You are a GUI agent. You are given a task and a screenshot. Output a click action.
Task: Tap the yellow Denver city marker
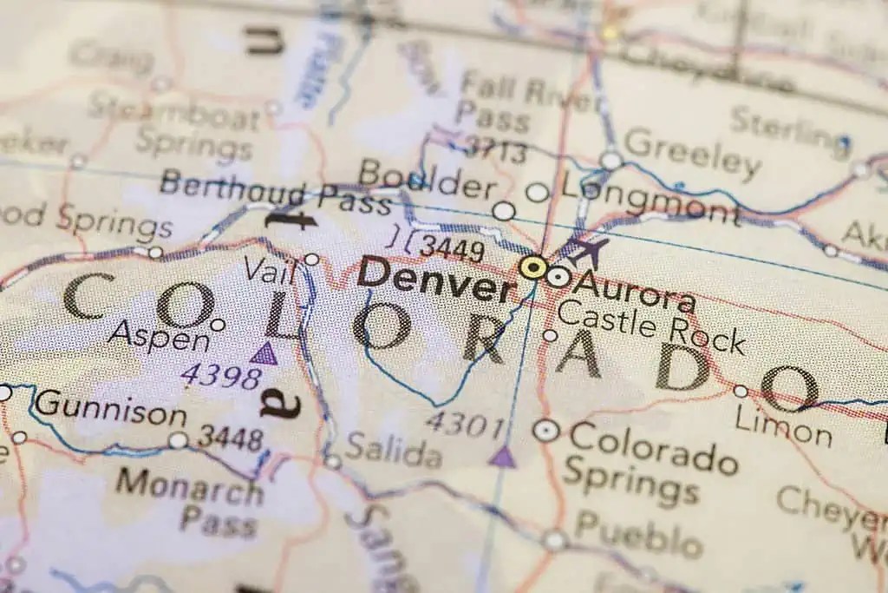pos(533,268)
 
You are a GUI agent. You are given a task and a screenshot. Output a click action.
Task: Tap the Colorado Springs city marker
pos(546,429)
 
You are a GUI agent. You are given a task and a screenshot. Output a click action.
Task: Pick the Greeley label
pos(692,155)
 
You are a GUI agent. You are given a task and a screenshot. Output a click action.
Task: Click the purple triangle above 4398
pos(264,353)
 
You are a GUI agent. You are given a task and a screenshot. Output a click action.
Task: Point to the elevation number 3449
pos(451,250)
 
